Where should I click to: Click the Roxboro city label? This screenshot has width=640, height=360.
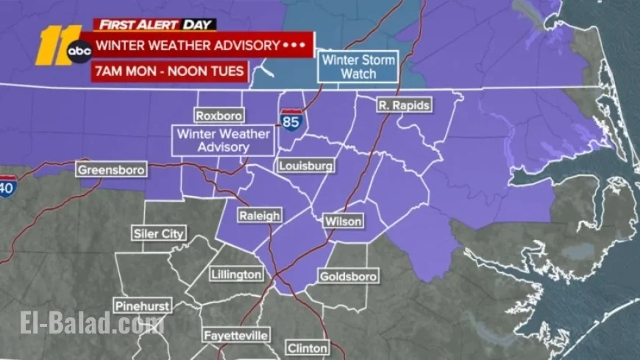click(218, 116)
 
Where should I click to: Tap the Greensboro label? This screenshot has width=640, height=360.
click(112, 170)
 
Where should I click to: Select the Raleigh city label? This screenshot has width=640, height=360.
click(260, 216)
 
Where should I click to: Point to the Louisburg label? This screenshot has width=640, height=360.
click(306, 166)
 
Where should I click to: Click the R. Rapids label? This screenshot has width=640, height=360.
click(403, 105)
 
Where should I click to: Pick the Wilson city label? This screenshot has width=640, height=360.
click(343, 221)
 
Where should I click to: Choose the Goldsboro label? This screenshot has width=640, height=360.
click(348, 277)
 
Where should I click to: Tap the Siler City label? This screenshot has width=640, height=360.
click(158, 234)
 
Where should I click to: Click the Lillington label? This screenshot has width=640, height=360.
click(236, 275)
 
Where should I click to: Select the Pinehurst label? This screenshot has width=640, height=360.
click(142, 306)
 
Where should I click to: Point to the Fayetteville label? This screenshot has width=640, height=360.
click(235, 335)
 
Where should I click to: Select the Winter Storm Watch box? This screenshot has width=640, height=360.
click(358, 67)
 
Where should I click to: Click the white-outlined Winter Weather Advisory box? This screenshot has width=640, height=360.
click(223, 141)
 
